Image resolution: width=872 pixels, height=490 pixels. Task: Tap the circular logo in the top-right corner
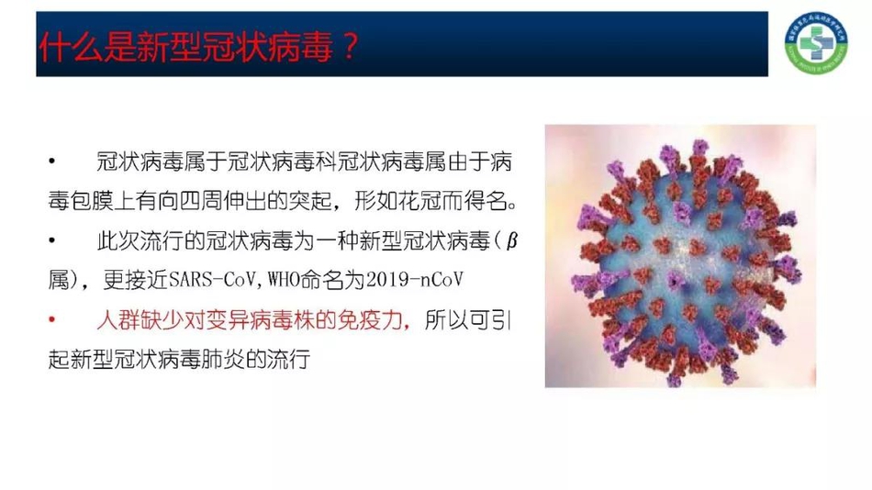(x=816, y=43)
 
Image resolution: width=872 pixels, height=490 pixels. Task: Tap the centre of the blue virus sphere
(x=679, y=257)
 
